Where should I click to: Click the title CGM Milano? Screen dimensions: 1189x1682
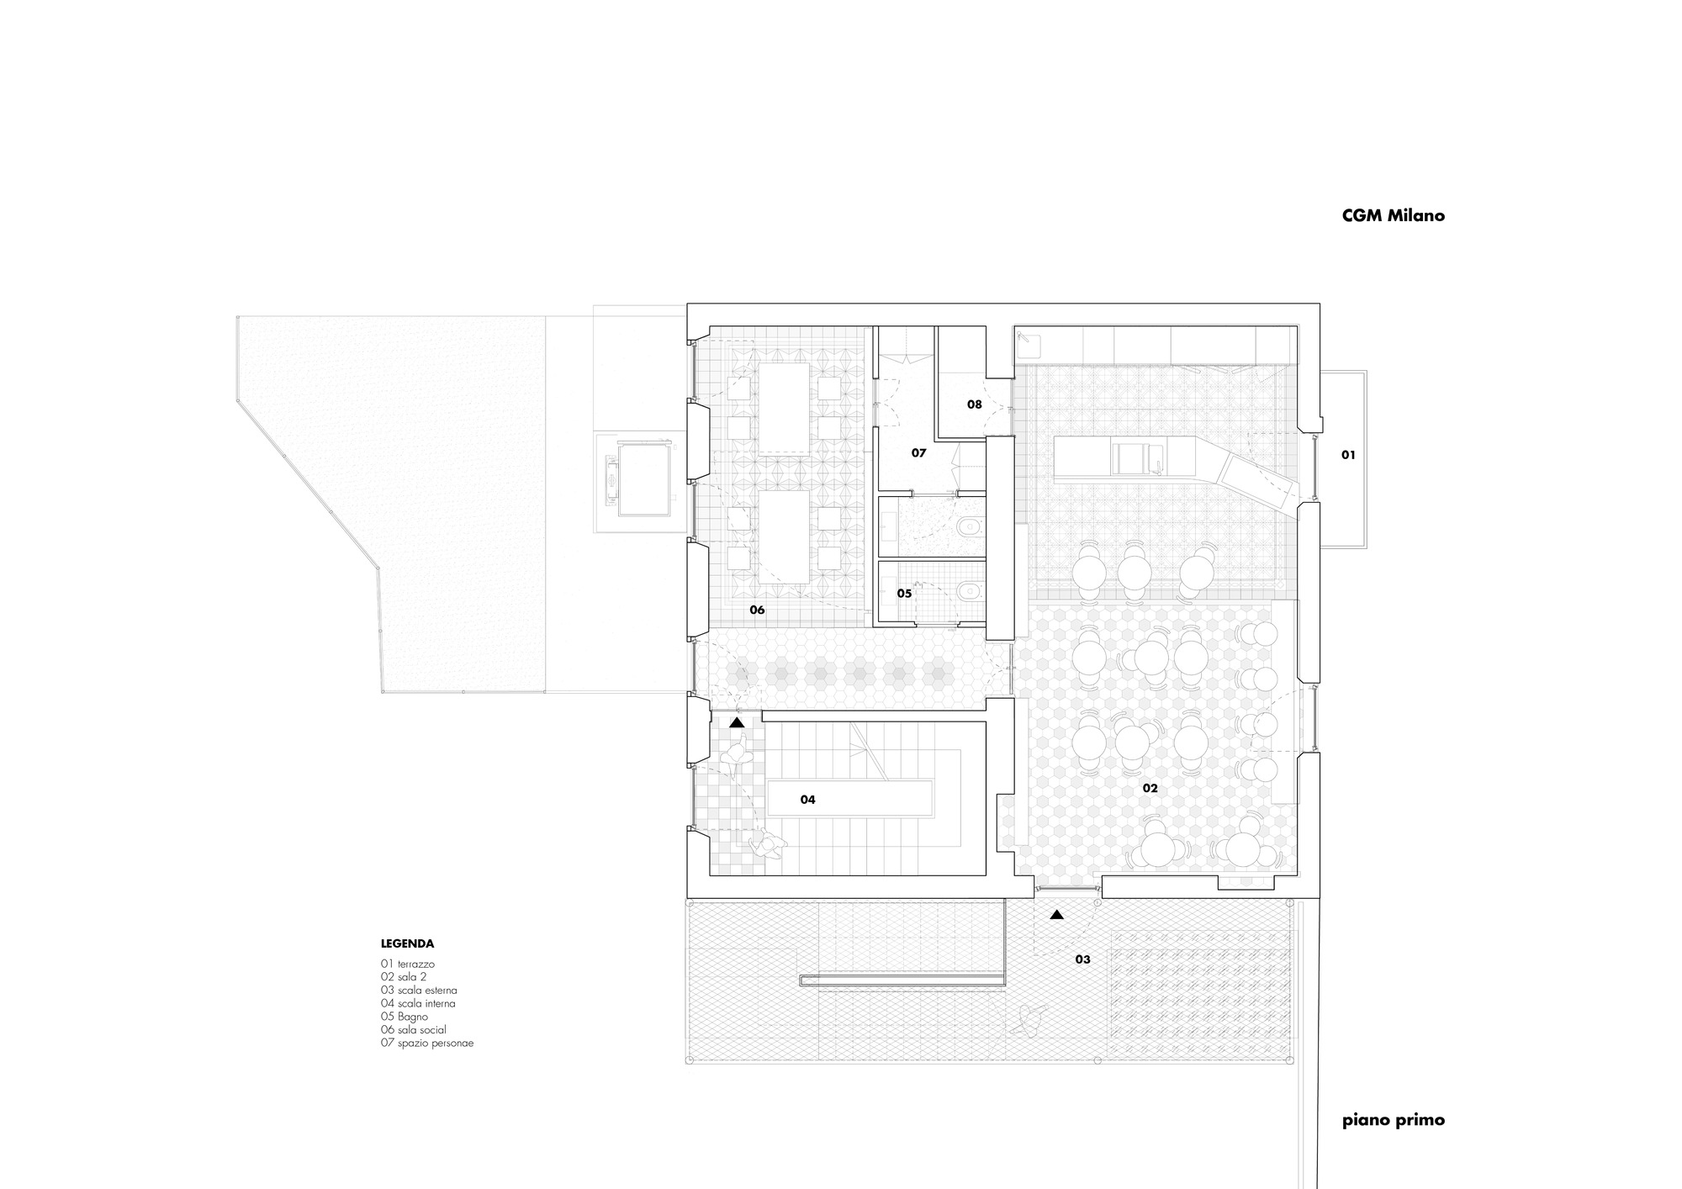click(x=1393, y=215)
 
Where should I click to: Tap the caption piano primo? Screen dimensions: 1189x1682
click(x=1393, y=1120)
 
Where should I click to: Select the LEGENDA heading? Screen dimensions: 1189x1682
click(x=407, y=943)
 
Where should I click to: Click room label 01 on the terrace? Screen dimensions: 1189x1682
click(x=1348, y=455)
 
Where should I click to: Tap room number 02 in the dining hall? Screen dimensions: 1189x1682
click(x=1150, y=788)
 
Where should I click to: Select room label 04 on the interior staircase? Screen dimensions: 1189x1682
click(x=807, y=800)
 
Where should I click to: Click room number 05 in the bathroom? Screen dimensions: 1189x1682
click(x=904, y=594)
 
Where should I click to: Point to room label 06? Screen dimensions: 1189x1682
click(x=757, y=610)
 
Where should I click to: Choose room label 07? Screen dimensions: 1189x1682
click(x=918, y=453)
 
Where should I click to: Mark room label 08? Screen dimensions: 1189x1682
click(x=974, y=404)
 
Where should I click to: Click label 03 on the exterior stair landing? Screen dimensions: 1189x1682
click(x=1082, y=959)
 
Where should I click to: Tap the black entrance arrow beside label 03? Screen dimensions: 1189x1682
click(x=1056, y=915)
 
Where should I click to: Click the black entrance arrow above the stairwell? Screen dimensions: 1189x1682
click(x=737, y=722)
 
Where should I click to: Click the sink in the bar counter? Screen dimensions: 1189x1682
click(x=1127, y=459)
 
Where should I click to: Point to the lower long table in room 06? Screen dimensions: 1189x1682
click(x=197, y=538)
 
